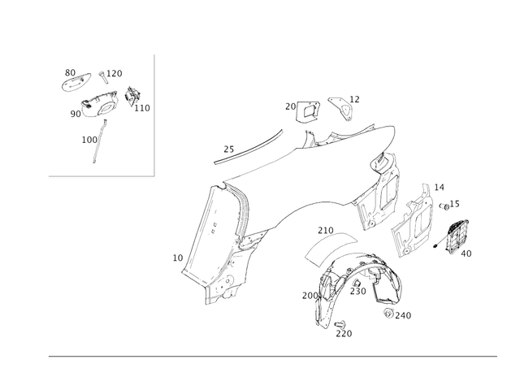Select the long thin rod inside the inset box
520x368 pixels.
[x=98, y=143]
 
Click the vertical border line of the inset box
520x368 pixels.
[x=154, y=114]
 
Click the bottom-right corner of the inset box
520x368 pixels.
[x=154, y=175]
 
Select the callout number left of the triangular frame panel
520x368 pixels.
[x=176, y=258]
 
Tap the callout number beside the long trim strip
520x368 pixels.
[x=228, y=147]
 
